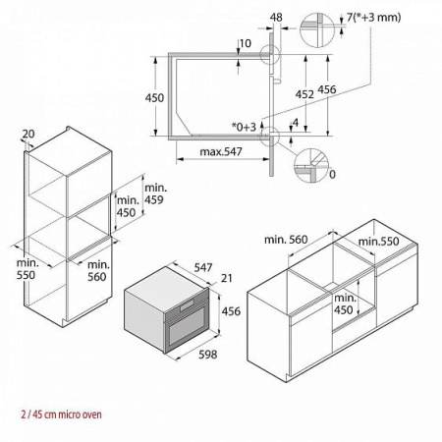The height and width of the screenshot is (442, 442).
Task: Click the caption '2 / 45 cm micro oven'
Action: pyautogui.click(x=51, y=414)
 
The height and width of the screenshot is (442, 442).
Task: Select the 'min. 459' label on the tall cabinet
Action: pyautogui.click(x=155, y=193)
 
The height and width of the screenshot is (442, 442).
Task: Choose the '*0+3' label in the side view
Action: pyautogui.click(x=243, y=127)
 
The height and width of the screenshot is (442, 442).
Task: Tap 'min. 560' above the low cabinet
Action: pyautogui.click(x=287, y=239)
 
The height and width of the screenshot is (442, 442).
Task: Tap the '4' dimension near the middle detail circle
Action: pyautogui.click(x=294, y=123)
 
